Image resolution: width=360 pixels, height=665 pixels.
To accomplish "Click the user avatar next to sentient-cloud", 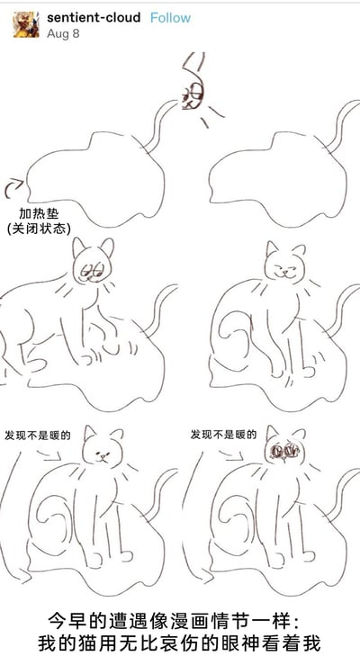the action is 26,24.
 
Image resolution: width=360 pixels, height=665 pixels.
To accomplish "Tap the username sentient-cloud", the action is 94,18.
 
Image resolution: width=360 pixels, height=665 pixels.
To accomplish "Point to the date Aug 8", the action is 63,33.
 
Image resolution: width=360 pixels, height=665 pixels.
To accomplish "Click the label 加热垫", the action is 39,213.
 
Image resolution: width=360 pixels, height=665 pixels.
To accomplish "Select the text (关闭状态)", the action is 39,229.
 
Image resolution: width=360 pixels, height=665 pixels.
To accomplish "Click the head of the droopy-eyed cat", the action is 93,262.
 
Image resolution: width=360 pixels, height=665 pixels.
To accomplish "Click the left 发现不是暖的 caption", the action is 37,436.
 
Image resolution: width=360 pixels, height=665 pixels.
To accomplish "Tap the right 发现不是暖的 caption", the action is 223,435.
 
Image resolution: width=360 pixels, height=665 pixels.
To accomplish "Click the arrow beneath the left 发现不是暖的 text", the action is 49,454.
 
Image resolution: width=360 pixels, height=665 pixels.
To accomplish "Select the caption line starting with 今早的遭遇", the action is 174,622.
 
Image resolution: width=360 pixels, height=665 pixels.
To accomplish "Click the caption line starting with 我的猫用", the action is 178,643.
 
